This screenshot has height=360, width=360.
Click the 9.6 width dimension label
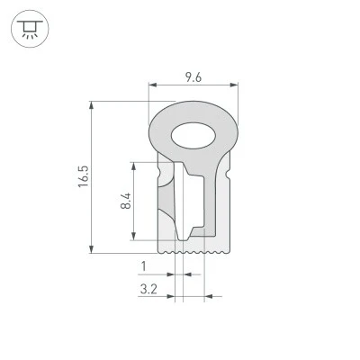point(193,77)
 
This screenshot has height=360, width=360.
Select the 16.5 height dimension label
point(84,176)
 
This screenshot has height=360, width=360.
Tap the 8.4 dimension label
point(126,201)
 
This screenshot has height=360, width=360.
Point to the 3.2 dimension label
point(148,290)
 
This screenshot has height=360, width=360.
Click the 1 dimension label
point(144,266)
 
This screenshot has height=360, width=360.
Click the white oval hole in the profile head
point(193,136)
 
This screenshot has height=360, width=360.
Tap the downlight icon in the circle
point(30,29)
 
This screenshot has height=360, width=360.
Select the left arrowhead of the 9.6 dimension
point(153,85)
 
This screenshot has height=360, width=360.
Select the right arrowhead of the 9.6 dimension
point(234,85)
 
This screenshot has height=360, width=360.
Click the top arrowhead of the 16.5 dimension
point(92,105)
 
